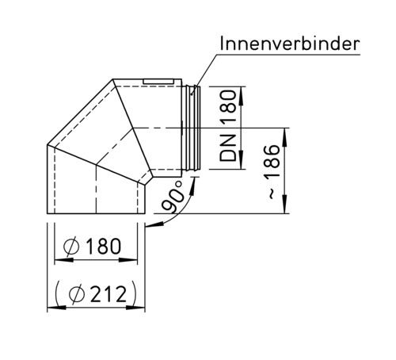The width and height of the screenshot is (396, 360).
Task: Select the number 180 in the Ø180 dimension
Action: tap(102, 247)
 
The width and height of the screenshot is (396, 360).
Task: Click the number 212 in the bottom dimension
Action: tap(107, 295)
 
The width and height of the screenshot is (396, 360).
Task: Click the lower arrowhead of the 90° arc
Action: tap(148, 226)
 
